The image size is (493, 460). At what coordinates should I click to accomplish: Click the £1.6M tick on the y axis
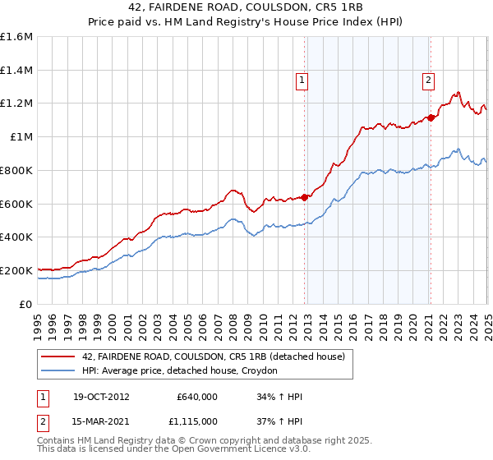[17, 37]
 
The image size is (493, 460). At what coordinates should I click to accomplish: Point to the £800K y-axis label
[17, 170]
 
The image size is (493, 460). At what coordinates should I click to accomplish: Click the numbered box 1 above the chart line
[302, 80]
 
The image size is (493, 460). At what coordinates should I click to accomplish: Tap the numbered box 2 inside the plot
[429, 80]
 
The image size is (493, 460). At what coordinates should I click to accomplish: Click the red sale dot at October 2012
[305, 196]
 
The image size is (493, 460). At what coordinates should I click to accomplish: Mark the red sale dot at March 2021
[431, 117]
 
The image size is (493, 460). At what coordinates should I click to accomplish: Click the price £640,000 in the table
[197, 397]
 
